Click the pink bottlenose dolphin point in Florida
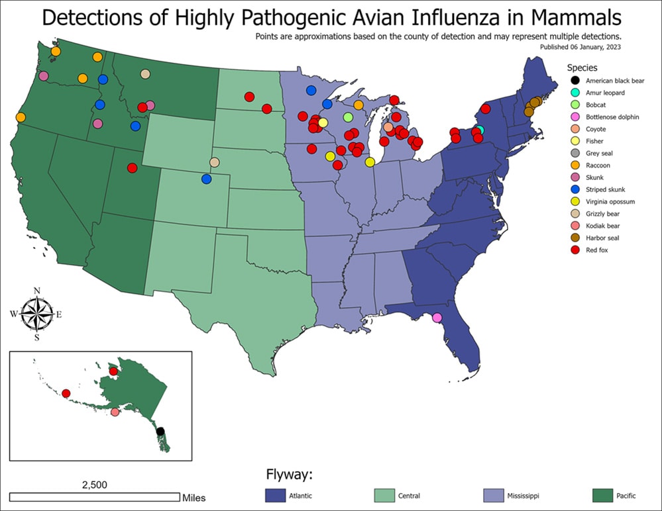point(437,318)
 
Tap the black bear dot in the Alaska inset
point(160,432)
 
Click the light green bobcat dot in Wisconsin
point(348,117)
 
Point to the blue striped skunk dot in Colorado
point(206,179)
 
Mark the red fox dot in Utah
point(132,168)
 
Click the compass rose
point(37,313)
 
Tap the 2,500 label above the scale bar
point(94,485)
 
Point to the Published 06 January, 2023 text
point(576,47)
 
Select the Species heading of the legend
point(582,68)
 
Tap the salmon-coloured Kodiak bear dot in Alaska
point(115,412)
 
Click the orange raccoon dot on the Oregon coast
point(21,117)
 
